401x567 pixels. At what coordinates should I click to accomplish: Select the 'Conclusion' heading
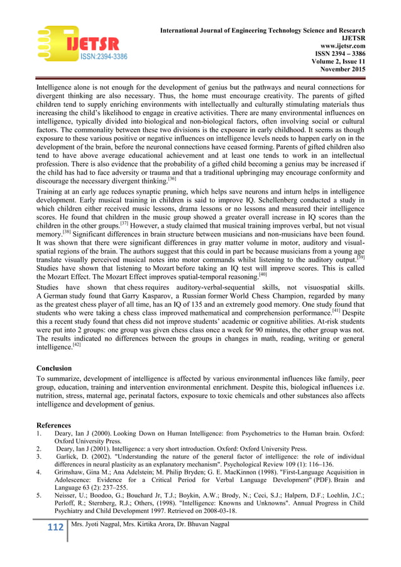(54, 368)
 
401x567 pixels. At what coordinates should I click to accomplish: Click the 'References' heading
(54, 425)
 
